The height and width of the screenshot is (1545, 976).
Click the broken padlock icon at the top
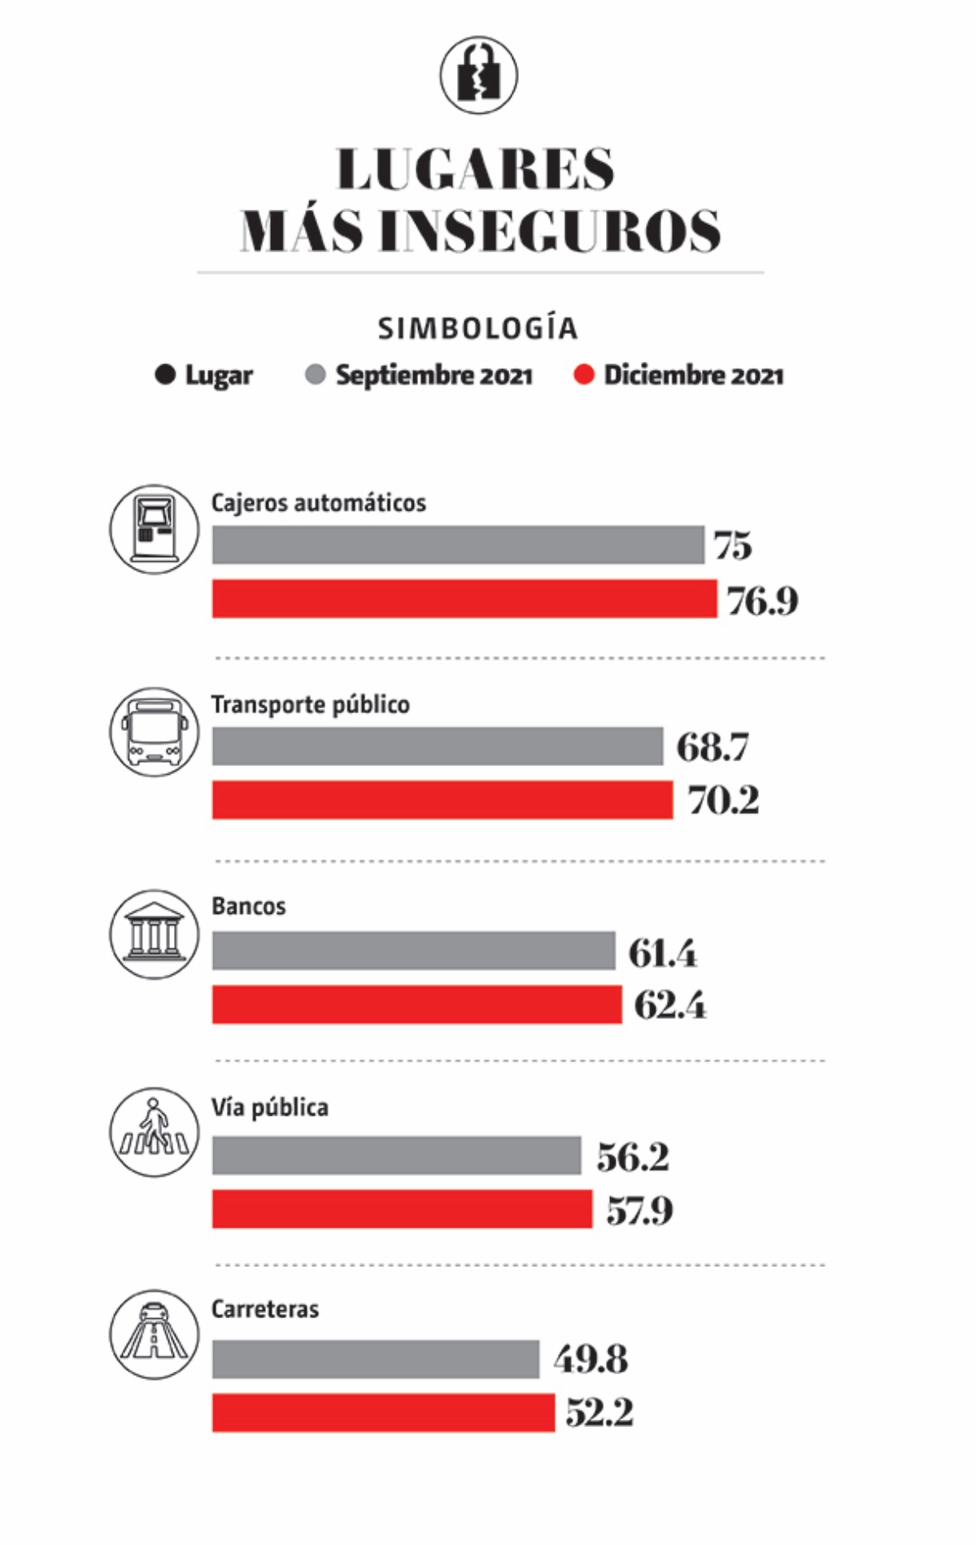coord(479,75)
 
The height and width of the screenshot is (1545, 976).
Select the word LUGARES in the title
coord(476,169)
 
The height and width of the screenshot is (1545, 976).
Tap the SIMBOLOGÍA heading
coord(477,329)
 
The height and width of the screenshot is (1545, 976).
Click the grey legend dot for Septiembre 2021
coord(315,375)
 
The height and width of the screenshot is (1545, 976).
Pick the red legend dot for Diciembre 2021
coord(583,375)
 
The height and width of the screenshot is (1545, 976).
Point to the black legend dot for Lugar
coord(165,375)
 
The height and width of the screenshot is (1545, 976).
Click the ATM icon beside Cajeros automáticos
coord(154,529)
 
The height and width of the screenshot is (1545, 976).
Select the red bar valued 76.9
coord(464,598)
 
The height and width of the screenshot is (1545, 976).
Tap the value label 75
coord(733,546)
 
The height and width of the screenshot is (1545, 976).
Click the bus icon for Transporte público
coord(154,731)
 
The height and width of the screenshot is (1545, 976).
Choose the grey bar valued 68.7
coord(438,746)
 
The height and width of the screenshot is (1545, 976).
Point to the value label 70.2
coord(723,801)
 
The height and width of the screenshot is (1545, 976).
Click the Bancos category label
coord(249,906)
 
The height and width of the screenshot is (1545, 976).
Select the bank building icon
coord(154,934)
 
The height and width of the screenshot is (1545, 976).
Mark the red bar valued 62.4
coord(417,1004)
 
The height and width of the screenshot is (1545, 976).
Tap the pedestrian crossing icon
coord(154,1132)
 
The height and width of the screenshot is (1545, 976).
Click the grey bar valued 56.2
coord(397,1155)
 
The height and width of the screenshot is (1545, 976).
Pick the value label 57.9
coord(639,1211)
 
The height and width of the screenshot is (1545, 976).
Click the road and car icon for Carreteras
coord(154,1334)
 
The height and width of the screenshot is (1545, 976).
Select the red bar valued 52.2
coord(383,1412)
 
